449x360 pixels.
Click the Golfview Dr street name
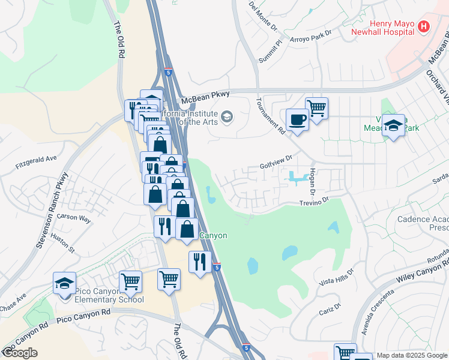tap(276, 161)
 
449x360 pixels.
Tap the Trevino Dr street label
tap(315, 203)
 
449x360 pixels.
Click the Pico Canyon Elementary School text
tap(109, 295)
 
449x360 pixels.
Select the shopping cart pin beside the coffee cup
tap(316, 109)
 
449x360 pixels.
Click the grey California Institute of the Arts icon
tap(227, 116)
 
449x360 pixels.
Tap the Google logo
tap(20, 353)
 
